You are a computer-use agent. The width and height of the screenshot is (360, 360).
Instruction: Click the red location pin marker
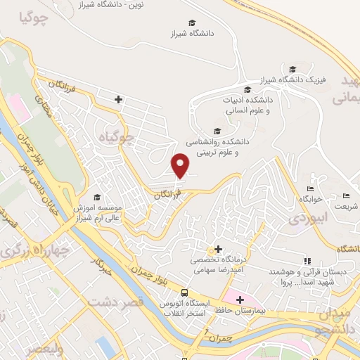click(x=181, y=165)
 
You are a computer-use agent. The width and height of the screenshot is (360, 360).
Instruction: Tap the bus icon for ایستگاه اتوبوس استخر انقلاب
click(x=184, y=292)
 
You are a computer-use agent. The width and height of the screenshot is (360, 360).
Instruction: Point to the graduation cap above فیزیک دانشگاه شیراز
click(x=292, y=69)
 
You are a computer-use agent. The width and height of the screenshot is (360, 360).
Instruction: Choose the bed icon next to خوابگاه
click(x=310, y=189)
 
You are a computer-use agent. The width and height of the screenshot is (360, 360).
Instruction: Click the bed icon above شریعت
click(x=345, y=195)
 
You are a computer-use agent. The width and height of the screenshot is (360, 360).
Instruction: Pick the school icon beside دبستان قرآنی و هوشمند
click(x=307, y=260)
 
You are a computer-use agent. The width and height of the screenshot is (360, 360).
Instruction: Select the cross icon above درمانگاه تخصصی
click(x=218, y=249)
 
